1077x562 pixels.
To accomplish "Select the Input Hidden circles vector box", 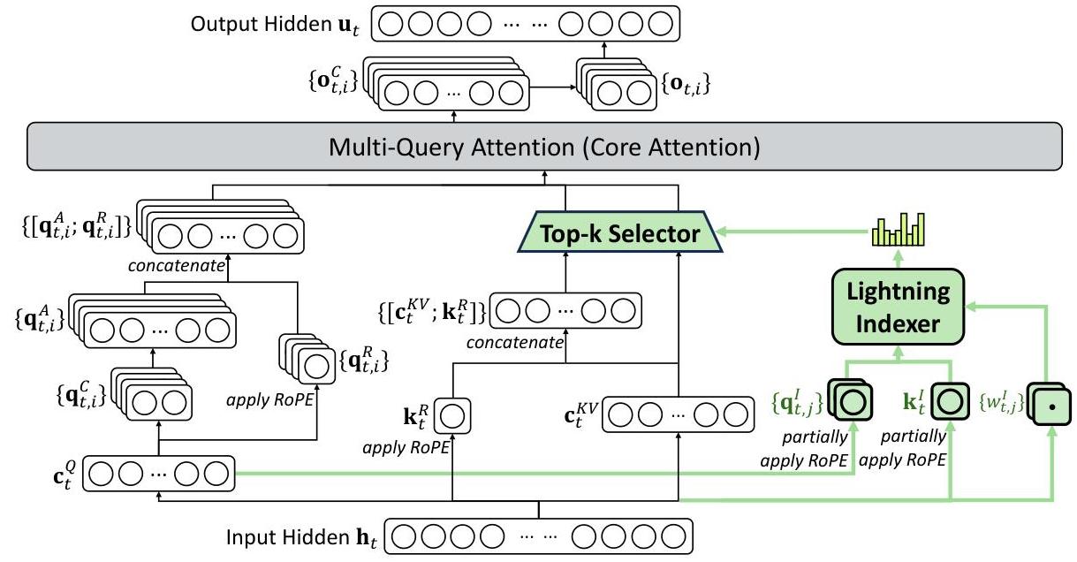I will tap(539, 535).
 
